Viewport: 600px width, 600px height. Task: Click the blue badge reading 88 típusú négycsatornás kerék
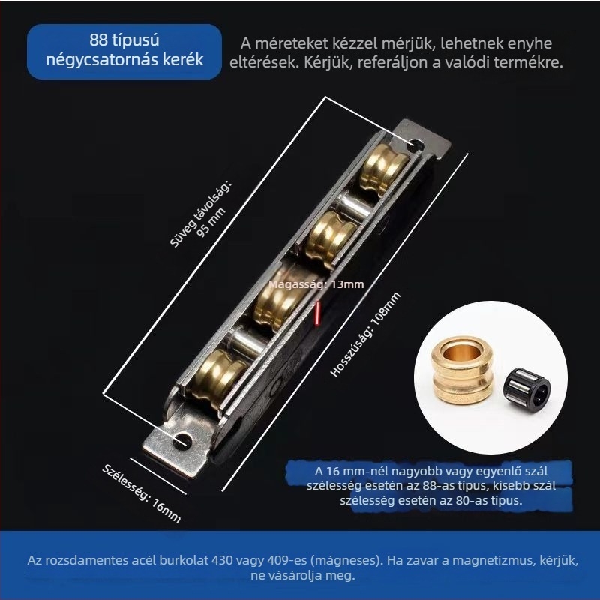124,51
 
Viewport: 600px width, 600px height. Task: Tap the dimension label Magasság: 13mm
316,284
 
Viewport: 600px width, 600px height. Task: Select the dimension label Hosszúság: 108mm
365,334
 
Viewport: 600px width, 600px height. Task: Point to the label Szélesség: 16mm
141,493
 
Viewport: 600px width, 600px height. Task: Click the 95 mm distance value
211,222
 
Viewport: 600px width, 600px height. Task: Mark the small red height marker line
316,313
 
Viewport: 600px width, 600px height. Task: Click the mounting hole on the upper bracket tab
415,146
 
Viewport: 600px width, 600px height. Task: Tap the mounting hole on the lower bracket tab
182,441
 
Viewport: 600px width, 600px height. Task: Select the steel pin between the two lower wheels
245,340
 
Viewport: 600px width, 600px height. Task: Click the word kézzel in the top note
357,43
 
